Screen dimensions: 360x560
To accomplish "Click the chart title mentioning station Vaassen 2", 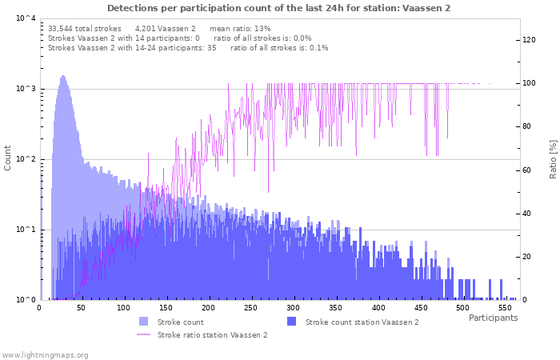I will (x=278, y=8).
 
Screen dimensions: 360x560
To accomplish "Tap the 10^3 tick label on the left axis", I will (x=25, y=89).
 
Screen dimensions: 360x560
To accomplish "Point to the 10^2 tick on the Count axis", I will (x=25, y=159).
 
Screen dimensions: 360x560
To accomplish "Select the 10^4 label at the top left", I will (x=25, y=18).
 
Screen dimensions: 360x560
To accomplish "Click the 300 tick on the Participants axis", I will (x=293, y=307).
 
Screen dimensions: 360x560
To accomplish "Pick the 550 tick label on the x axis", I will (x=505, y=307).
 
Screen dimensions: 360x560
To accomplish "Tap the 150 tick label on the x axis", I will (x=166, y=307).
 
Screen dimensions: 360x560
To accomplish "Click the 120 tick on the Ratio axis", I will (x=530, y=39).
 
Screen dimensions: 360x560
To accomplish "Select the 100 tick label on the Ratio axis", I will (x=530, y=83).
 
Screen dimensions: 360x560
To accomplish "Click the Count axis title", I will (x=8, y=158).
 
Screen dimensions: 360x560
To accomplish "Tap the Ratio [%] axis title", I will (x=553, y=158).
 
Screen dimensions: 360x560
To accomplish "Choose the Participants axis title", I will (x=493, y=318).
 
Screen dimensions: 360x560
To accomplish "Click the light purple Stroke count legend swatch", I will (x=143, y=322).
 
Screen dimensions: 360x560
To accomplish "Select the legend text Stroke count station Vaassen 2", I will (x=362, y=322).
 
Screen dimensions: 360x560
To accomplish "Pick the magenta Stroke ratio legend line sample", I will (x=143, y=335).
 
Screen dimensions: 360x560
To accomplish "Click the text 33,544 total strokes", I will (x=85, y=29).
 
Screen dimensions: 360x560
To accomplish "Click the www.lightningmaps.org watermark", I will (x=45, y=354).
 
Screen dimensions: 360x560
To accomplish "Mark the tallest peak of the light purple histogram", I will (x=62, y=77).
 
